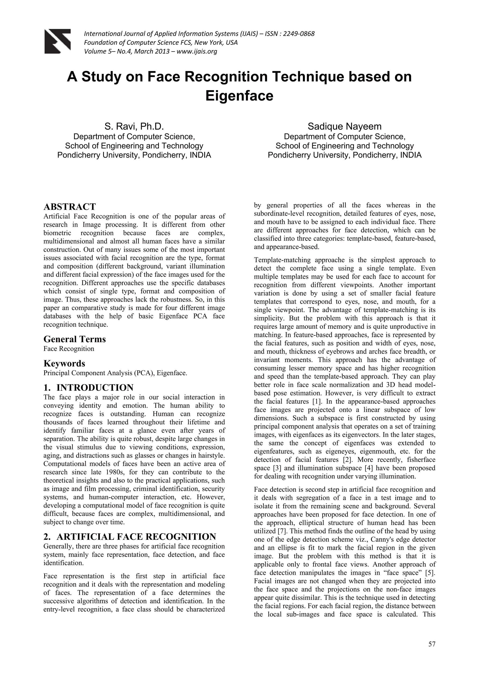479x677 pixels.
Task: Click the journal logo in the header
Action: [58, 41]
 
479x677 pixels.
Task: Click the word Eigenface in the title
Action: [239, 96]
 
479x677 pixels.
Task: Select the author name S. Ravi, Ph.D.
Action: [134, 126]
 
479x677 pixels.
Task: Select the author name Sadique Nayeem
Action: [345, 126]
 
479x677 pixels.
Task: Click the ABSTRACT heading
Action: [70, 206]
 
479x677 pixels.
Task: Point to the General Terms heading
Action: [75, 339]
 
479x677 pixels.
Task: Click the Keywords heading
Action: [64, 363]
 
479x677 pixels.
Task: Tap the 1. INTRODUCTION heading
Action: [88, 387]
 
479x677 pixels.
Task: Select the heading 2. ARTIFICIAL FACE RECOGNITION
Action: [130, 537]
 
